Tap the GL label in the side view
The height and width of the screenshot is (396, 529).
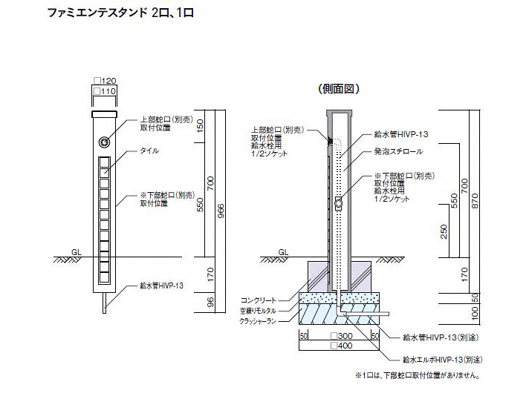283,251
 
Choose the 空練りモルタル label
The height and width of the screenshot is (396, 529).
257,311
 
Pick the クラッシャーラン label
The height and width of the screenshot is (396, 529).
257,321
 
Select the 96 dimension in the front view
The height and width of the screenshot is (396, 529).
210,301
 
